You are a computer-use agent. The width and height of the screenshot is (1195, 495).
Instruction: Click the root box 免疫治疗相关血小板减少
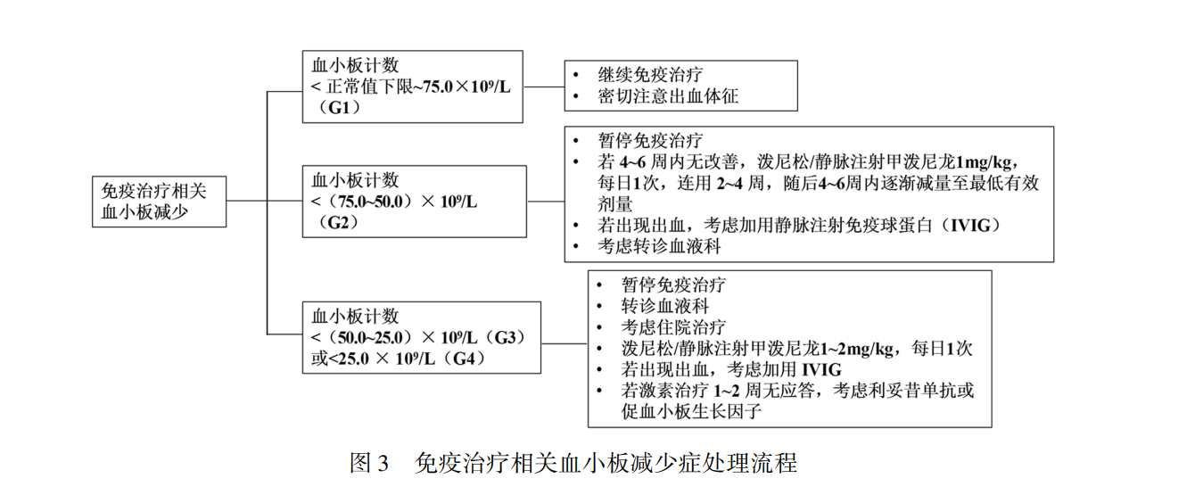pos(159,202)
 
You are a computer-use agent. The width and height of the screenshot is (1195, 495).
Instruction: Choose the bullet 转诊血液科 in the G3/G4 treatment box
pos(665,305)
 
